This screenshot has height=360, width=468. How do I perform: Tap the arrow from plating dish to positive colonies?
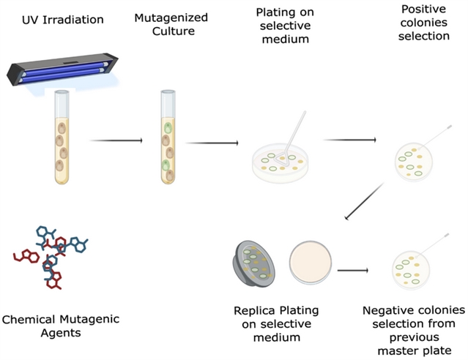click(349, 140)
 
